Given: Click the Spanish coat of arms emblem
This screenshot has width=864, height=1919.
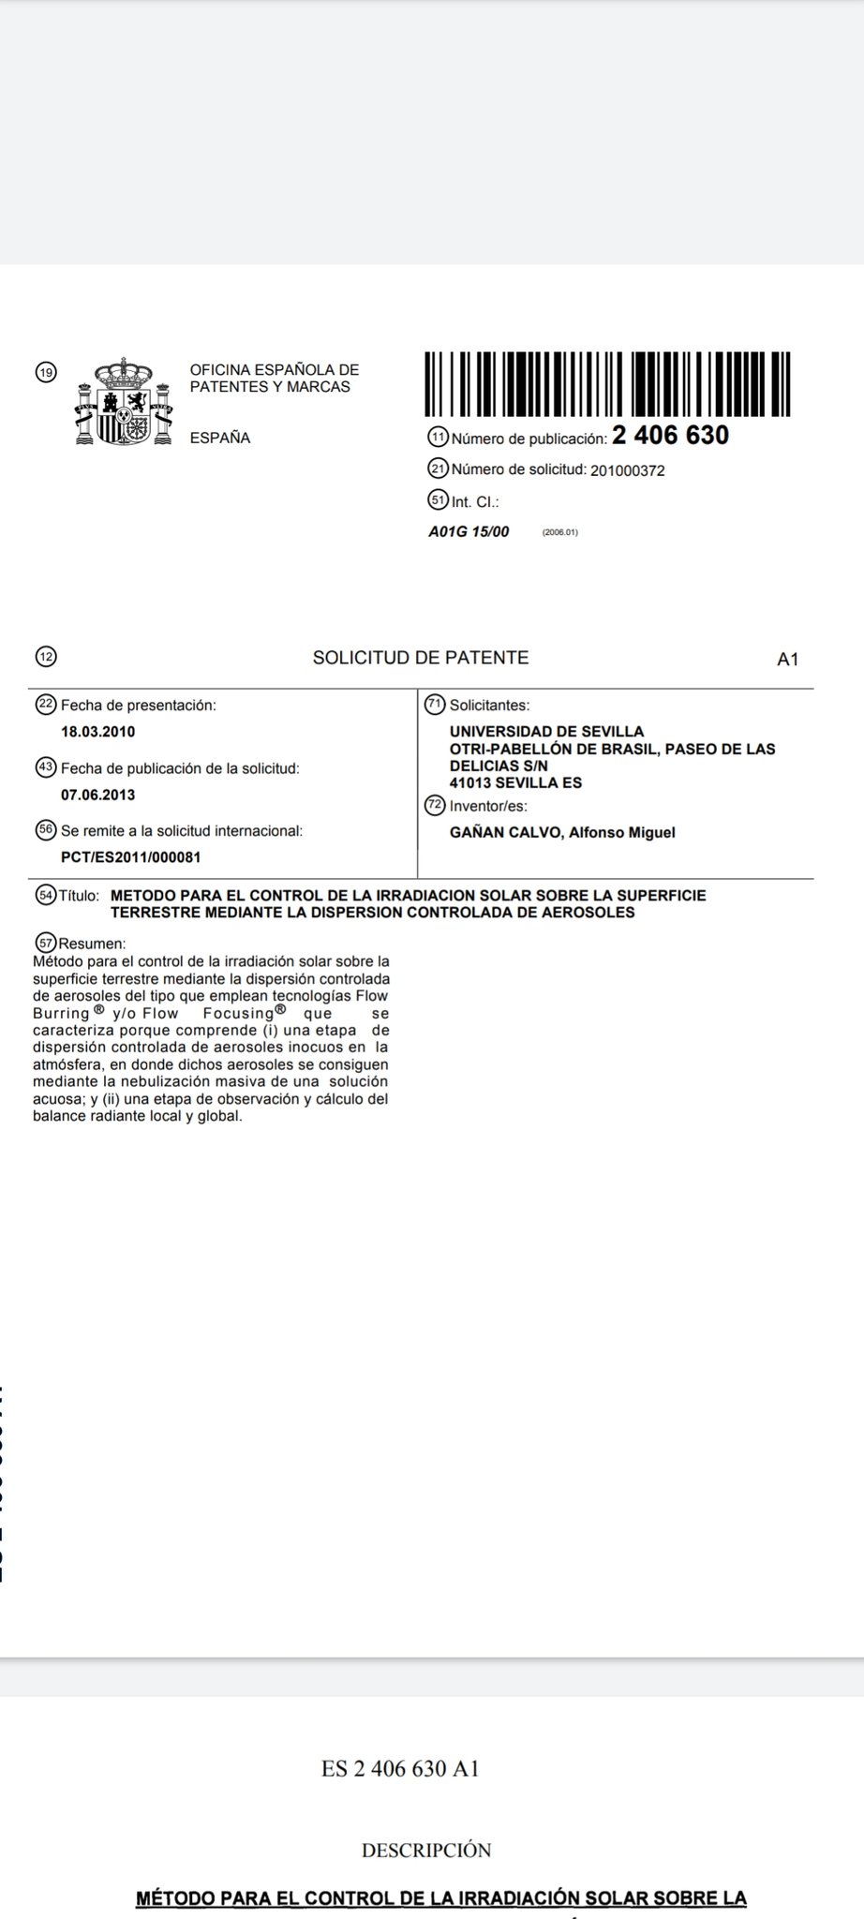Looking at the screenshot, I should coord(125,402).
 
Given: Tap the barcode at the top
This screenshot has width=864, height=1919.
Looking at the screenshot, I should coord(607,383).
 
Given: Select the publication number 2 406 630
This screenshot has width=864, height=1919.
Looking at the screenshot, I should coord(670,436).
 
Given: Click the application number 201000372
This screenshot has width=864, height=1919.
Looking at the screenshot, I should coord(627,470).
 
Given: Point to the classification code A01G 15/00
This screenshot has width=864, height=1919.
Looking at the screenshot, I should coord(469,532).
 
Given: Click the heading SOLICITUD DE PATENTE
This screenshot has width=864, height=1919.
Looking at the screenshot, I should coord(421,658).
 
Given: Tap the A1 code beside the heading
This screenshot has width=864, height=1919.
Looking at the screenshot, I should coord(787,660).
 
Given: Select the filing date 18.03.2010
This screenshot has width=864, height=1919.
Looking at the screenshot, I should coord(98,732).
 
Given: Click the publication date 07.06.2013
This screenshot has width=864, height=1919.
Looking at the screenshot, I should coord(98,796).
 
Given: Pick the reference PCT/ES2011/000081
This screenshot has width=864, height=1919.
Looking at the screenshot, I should coord(131,857).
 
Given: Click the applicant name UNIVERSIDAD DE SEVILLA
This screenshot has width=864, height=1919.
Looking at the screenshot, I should coord(546,732).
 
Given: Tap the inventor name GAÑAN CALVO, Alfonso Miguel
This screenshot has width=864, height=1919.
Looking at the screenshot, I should coord(562,832).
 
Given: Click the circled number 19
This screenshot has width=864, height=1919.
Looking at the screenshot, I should coord(45,373).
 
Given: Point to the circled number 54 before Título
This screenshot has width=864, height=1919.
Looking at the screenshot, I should coord(45,895).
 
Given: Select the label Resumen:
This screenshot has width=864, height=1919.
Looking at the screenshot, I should coord(92,944).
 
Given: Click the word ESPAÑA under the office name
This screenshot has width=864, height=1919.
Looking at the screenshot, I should coord(220,438).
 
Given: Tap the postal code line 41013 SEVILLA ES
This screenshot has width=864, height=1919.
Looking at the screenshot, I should coord(515,783).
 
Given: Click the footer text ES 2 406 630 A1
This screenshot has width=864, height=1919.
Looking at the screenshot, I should coord(400,1769).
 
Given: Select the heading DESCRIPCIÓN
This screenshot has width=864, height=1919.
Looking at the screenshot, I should coord(426,1851).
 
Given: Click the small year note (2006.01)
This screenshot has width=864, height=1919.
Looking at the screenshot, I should coord(560,533).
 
